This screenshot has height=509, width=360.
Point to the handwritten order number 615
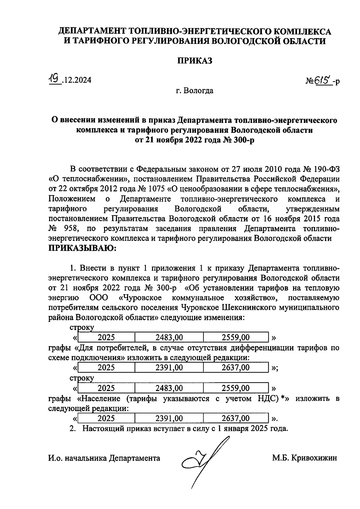(322, 80)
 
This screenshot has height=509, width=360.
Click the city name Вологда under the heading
(199, 90)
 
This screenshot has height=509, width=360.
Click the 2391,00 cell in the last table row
(169, 418)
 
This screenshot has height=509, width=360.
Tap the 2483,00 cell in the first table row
(169, 337)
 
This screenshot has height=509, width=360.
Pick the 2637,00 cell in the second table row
(235, 367)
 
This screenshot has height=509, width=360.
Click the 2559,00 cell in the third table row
(235, 388)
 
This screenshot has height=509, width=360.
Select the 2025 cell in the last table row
(106, 418)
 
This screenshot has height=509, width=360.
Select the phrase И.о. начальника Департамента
(104, 458)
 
